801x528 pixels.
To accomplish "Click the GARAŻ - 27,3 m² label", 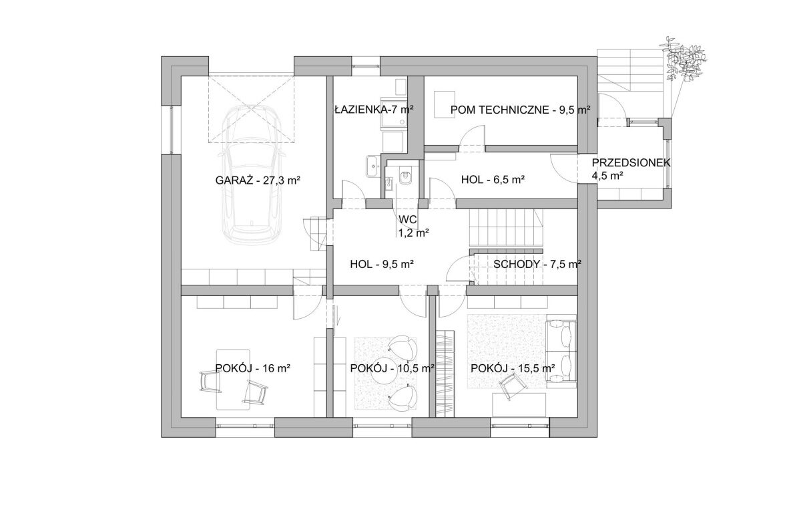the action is click(x=258, y=180).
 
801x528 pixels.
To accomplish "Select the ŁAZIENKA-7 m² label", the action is click(x=374, y=109).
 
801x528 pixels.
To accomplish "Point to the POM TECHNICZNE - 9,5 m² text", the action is click(x=520, y=110).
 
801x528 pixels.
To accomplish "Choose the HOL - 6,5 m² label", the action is click(x=493, y=180).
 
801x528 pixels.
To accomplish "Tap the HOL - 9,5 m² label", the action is click(x=382, y=265).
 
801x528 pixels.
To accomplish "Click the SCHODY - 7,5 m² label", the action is click(x=537, y=265).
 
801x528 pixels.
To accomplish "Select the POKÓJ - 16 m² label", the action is click(x=252, y=368).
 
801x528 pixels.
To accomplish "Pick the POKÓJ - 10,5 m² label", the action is click(x=392, y=368).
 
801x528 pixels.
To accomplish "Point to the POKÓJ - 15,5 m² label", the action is click(x=513, y=368).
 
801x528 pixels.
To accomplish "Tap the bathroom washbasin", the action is click(x=373, y=166).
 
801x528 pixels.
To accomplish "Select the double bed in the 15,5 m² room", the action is click(x=561, y=351).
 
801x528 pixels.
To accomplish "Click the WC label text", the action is click(x=408, y=219).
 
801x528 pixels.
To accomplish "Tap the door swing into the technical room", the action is click(x=472, y=138).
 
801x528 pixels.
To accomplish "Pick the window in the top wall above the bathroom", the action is click(x=366, y=66).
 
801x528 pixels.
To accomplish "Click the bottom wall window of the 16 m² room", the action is click(x=246, y=426).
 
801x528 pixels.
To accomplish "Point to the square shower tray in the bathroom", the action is click(x=394, y=112).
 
